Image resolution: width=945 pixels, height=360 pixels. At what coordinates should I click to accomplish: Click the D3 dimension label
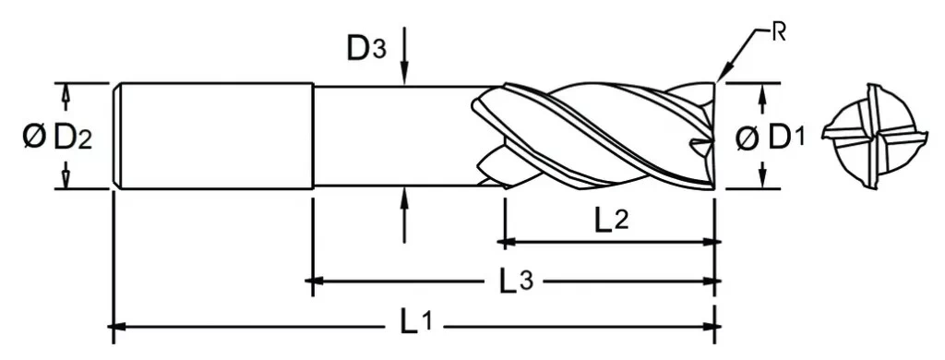click(365, 49)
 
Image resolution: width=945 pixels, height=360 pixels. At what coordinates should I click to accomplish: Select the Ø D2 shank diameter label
click(57, 138)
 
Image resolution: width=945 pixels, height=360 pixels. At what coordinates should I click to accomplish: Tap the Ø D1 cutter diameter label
click(771, 138)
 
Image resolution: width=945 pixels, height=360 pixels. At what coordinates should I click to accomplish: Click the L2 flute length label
click(612, 221)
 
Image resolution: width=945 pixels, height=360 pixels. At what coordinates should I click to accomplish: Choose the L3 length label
click(517, 281)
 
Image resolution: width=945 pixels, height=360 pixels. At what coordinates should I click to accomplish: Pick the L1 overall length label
click(416, 325)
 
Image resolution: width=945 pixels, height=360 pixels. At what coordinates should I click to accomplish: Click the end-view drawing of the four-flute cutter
click(874, 137)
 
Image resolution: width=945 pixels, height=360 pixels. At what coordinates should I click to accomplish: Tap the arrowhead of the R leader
click(723, 75)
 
